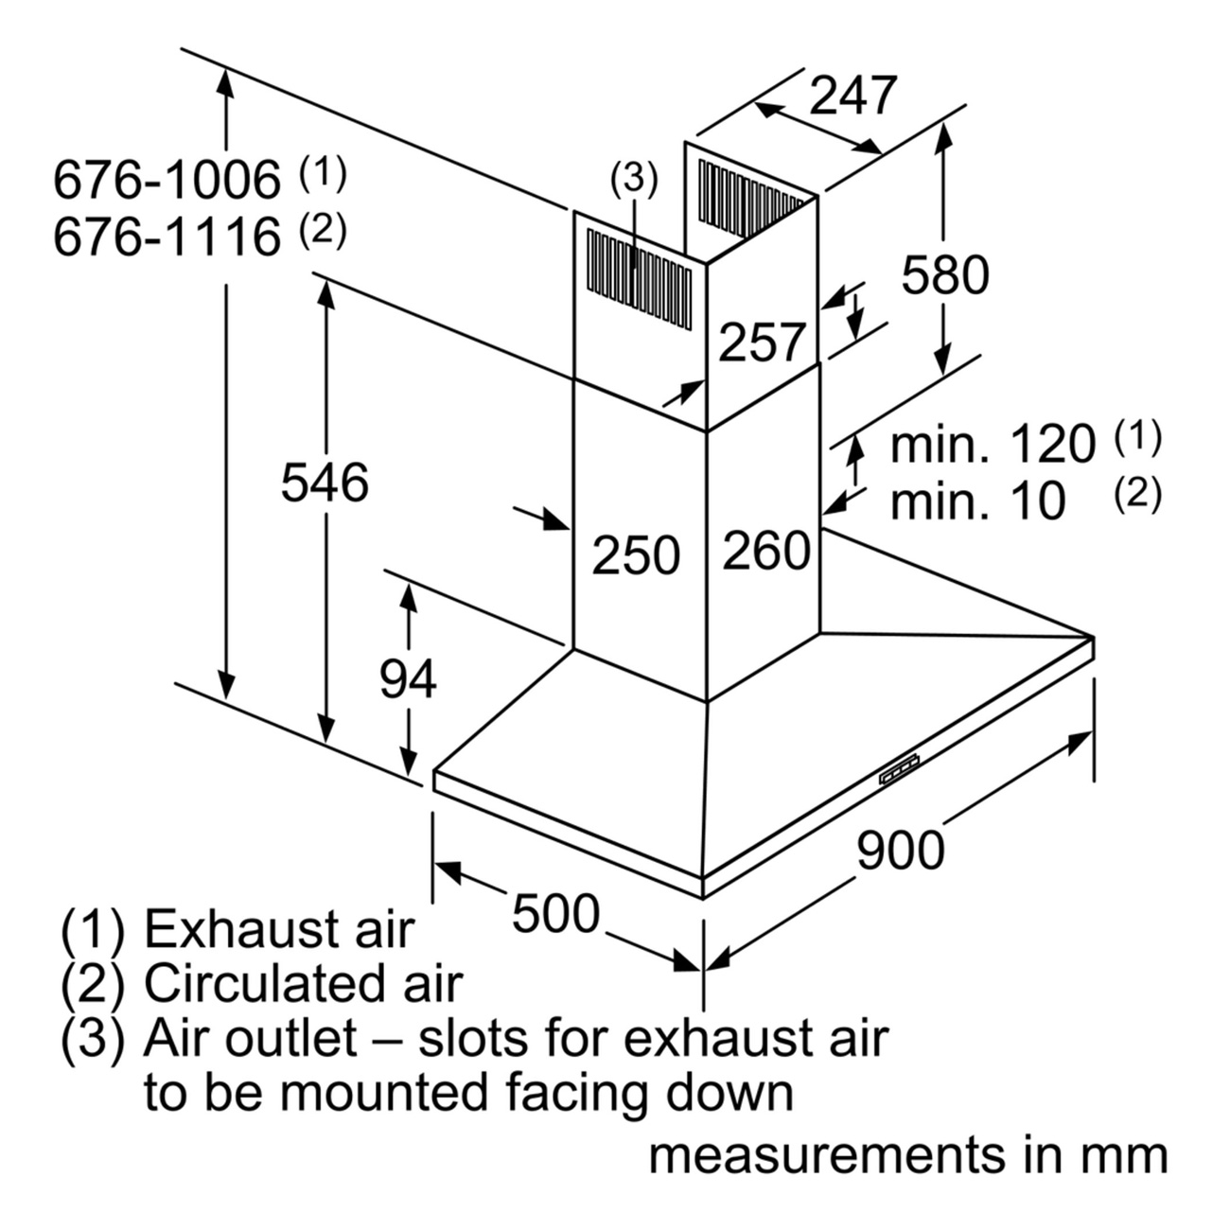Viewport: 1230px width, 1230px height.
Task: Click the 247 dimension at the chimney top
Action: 852,96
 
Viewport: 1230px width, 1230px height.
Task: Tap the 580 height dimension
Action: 944,274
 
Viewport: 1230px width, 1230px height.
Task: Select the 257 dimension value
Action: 763,343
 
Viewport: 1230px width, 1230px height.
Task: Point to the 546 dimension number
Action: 325,483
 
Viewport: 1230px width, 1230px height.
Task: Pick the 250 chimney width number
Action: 636,555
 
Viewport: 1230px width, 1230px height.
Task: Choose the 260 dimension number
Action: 766,550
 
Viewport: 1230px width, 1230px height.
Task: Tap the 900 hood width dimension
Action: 900,851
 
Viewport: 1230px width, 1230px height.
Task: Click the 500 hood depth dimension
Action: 556,913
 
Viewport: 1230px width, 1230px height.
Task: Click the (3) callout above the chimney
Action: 634,179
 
